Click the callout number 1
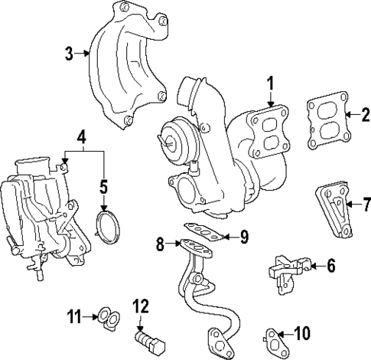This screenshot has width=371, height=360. pyautogui.click(x=269, y=83)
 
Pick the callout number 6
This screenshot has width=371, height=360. pyautogui.click(x=330, y=266)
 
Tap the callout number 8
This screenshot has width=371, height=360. pyautogui.click(x=160, y=244)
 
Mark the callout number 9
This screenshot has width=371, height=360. pyautogui.click(x=244, y=237)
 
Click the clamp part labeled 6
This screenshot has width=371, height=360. pyautogui.click(x=288, y=271)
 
